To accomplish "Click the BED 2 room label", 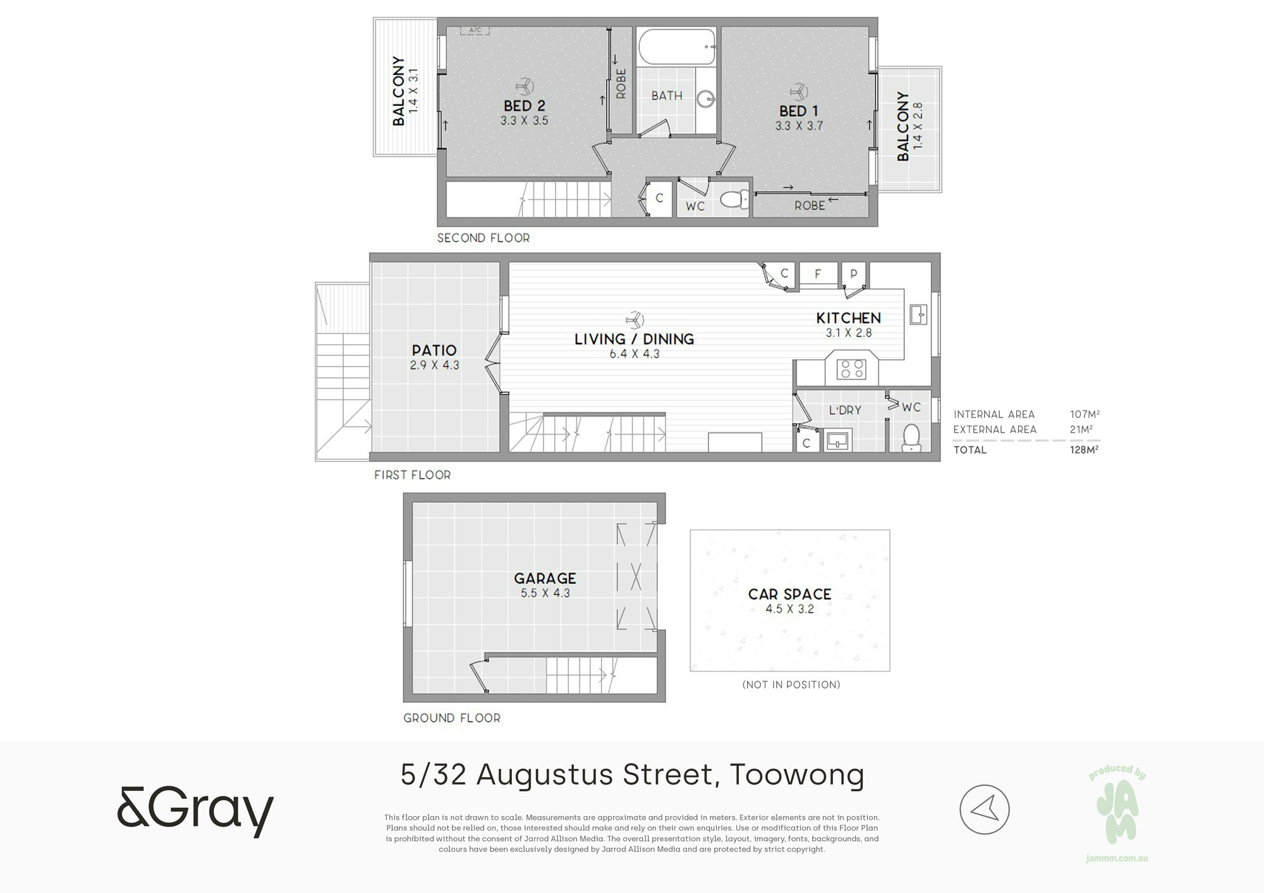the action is click(x=524, y=105).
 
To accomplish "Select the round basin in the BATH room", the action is click(x=707, y=99).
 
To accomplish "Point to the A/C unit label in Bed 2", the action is click(x=475, y=30).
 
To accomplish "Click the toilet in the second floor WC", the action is click(x=734, y=200).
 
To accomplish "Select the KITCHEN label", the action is click(x=848, y=318).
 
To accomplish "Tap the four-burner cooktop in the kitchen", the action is click(x=851, y=369).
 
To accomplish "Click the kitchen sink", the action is click(x=918, y=314).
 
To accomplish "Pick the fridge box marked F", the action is click(x=818, y=273).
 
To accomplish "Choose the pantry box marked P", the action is click(x=854, y=273).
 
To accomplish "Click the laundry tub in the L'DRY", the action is click(x=837, y=440).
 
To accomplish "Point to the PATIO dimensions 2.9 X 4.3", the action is click(x=434, y=365).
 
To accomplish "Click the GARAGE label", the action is click(x=545, y=578).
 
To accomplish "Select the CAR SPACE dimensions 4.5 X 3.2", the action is click(x=789, y=609).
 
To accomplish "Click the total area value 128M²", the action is click(x=1085, y=450).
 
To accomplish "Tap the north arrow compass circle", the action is click(x=984, y=810).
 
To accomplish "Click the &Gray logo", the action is click(x=195, y=811).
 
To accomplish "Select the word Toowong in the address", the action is click(x=797, y=776).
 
